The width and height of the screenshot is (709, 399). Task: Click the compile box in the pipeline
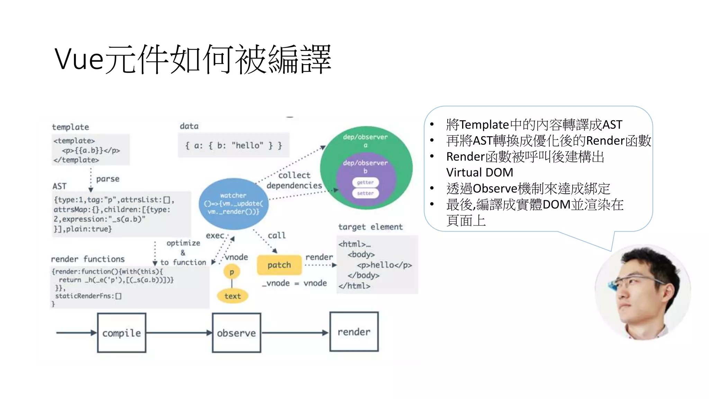(x=122, y=333)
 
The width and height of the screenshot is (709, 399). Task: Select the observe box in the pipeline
(x=236, y=333)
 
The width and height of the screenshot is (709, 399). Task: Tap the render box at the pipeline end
(x=354, y=332)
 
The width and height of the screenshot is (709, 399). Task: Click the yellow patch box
(x=279, y=265)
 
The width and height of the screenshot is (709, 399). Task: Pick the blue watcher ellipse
(x=233, y=204)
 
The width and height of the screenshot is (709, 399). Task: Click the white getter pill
(x=365, y=182)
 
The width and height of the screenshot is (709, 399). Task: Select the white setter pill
(x=365, y=193)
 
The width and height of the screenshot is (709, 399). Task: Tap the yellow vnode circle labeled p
(x=232, y=272)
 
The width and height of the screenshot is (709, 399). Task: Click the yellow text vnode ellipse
(x=232, y=296)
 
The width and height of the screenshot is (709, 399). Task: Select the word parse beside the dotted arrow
(x=108, y=179)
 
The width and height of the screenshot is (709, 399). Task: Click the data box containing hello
(x=234, y=145)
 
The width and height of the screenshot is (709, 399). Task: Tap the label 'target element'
(x=370, y=227)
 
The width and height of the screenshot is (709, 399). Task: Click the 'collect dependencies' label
(x=294, y=180)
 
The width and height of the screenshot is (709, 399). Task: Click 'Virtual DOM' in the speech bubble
(x=479, y=172)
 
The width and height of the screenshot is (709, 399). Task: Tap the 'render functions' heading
(x=88, y=259)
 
